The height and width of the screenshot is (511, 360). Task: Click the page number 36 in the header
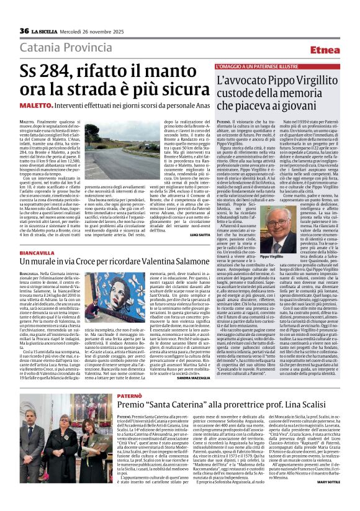(24, 31)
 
